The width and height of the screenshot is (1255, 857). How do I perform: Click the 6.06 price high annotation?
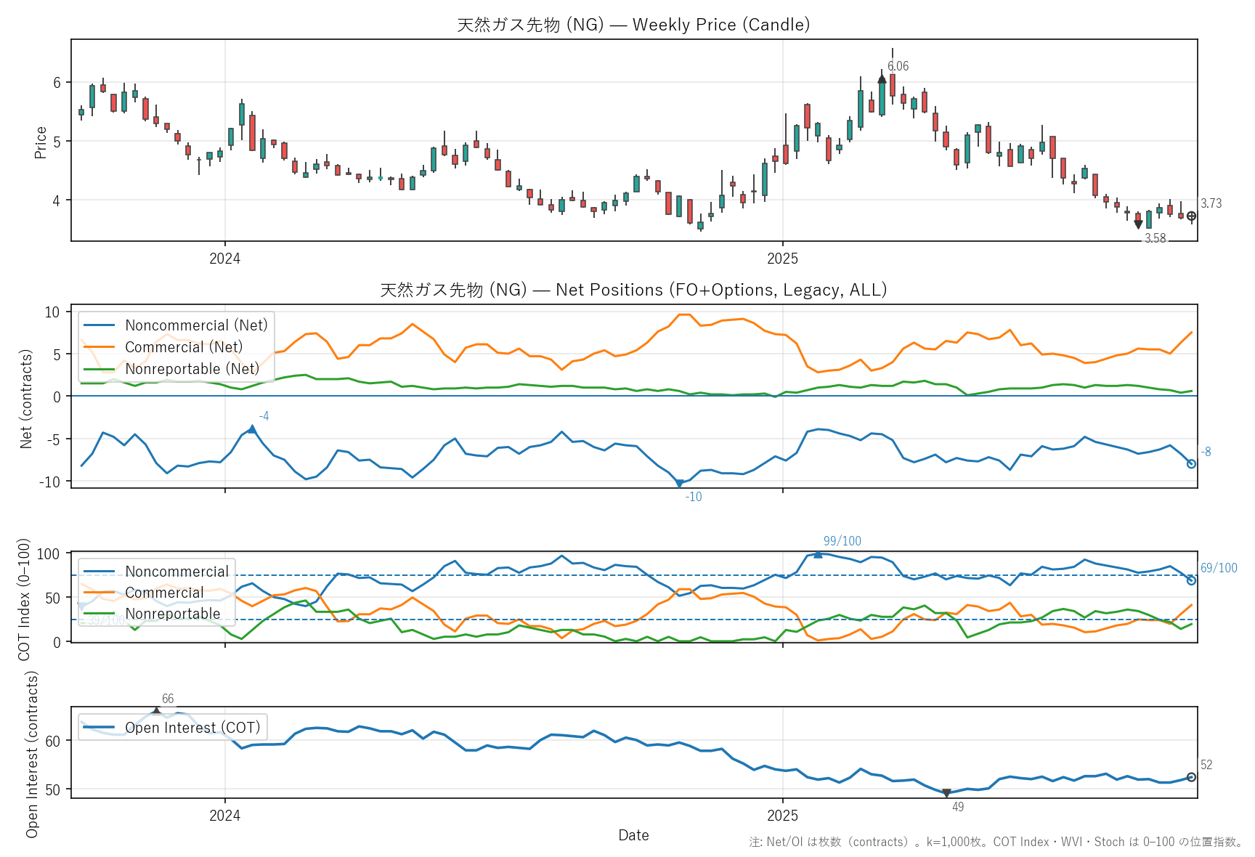[x=898, y=66]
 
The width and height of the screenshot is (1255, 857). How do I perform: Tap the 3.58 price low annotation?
[x=1155, y=238]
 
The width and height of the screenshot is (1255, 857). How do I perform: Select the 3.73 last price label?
[x=1211, y=203]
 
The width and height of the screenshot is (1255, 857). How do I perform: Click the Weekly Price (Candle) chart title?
[x=633, y=25]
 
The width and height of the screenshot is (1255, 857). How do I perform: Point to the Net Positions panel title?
[x=633, y=290]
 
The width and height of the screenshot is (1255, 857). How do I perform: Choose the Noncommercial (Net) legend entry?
[x=195, y=325]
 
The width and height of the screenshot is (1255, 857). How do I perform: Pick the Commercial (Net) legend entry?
[x=183, y=347]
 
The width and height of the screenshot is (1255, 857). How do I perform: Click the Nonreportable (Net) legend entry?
[x=192, y=369]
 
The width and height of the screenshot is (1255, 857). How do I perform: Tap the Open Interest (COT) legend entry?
[x=192, y=728]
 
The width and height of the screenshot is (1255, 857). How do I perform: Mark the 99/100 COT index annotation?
[x=842, y=541]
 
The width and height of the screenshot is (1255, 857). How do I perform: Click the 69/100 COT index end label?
[x=1219, y=568]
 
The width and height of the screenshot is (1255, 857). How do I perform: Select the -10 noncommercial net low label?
[x=694, y=497]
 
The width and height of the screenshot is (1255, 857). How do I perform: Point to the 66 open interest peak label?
[x=168, y=699]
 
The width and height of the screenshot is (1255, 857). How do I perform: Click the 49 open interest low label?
[x=958, y=807]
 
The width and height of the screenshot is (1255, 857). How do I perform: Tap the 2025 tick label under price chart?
[x=782, y=259]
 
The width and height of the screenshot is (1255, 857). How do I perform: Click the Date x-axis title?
[x=633, y=835]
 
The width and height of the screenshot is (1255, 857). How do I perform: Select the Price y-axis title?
[x=41, y=142]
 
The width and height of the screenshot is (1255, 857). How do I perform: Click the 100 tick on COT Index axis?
[x=48, y=554]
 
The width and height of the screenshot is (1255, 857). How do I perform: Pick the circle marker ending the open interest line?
[x=1191, y=777]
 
